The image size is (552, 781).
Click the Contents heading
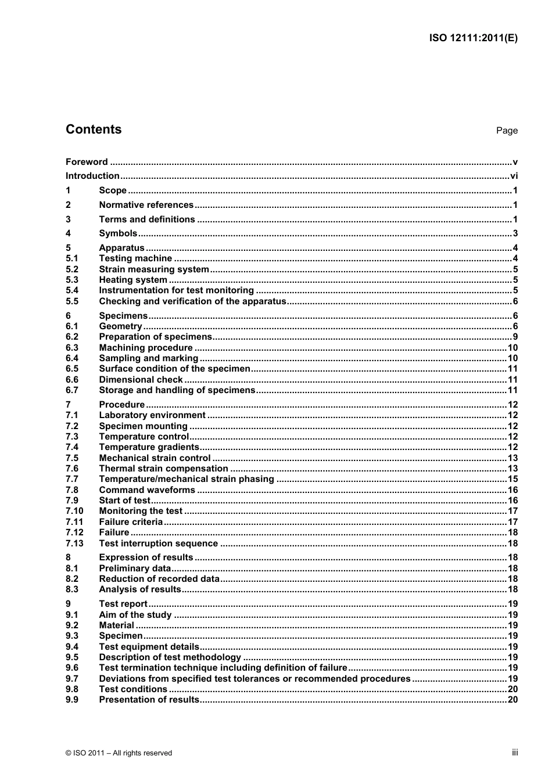point(94,129)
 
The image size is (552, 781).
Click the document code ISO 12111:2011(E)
point(473,38)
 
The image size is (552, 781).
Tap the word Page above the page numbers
point(507,131)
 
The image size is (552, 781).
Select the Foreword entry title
point(87,162)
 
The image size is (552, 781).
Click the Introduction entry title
point(92,176)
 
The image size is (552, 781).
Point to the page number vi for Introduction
point(514,176)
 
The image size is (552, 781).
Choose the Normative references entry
point(146,205)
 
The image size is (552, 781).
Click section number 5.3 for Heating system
point(72,280)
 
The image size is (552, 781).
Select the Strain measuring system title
point(154,269)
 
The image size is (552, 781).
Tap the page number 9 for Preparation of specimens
point(515,337)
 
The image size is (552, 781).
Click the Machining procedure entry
point(146,348)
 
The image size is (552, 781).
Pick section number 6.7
point(72,390)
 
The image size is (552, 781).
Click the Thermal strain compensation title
point(163,469)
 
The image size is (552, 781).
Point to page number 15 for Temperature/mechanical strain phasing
point(512,479)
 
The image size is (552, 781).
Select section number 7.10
point(74,511)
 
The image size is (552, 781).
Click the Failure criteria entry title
point(131,522)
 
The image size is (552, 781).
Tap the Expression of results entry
point(146,557)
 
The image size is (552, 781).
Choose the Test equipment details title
point(149,647)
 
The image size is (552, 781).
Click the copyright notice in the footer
point(119,753)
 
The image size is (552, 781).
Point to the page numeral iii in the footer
point(515,753)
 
